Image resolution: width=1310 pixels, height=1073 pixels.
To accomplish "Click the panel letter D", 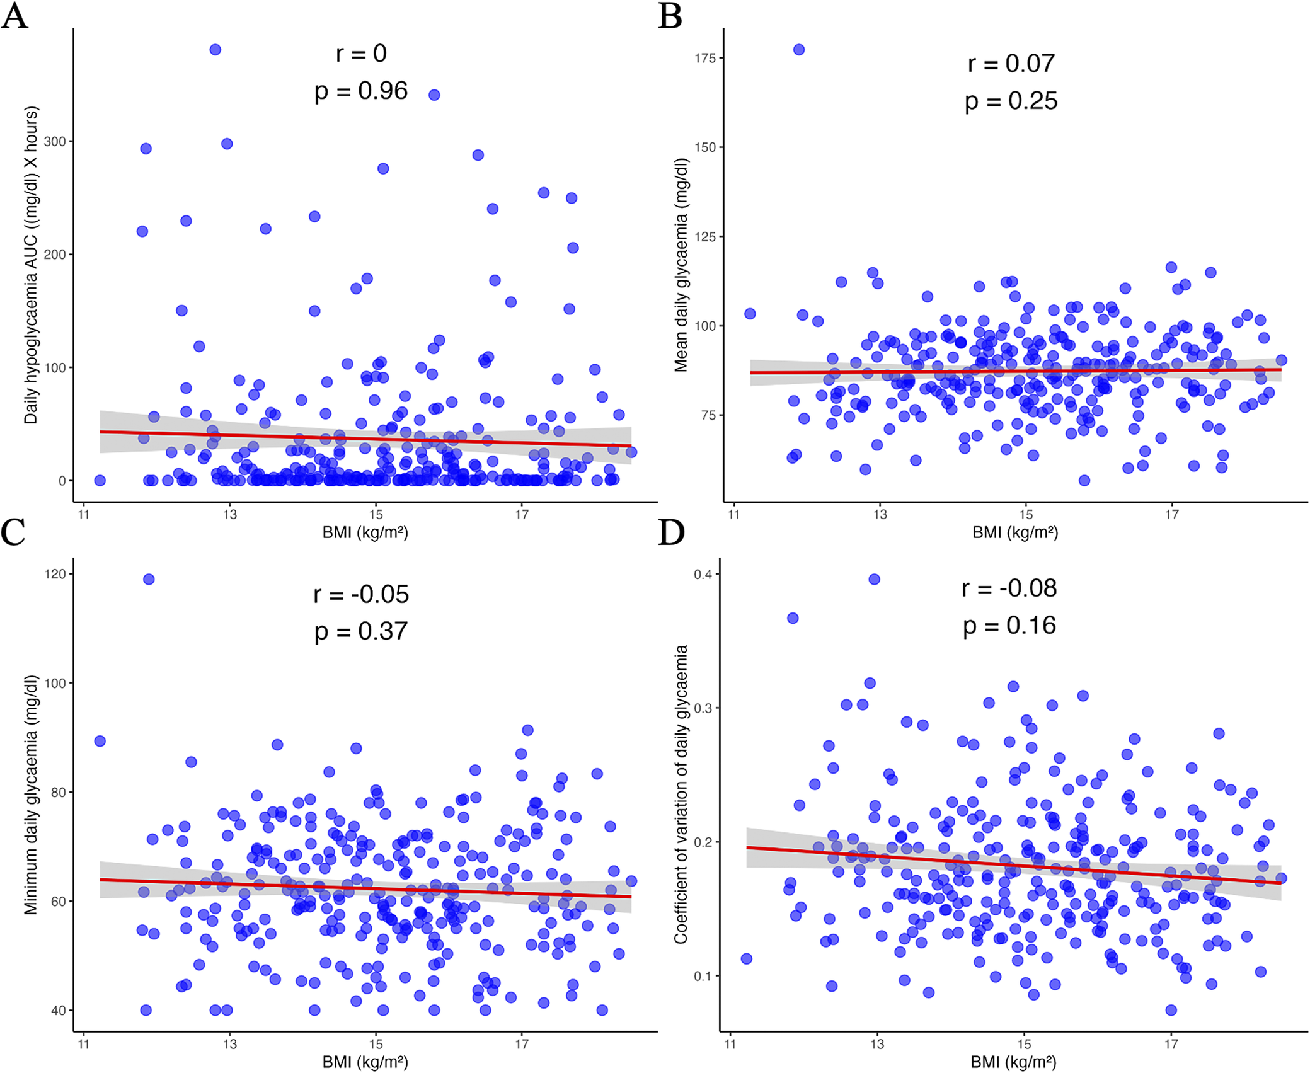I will pyautogui.click(x=671, y=532).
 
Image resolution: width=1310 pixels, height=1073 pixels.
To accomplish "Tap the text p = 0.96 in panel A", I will pyautogui.click(x=361, y=91).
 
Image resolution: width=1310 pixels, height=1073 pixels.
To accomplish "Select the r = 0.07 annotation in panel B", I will pyautogui.click(x=1011, y=63).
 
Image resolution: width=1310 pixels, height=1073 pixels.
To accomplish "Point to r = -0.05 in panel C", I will pyautogui.click(x=361, y=594).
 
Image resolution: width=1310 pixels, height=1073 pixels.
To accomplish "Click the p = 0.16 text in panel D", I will pyautogui.click(x=1009, y=625).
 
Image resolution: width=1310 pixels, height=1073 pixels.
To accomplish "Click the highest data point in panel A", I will pyautogui.click(x=215, y=50).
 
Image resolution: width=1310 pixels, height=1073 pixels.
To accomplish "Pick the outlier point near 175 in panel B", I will pyautogui.click(x=798, y=50).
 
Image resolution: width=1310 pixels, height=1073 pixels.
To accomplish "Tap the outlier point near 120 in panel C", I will pyautogui.click(x=149, y=579).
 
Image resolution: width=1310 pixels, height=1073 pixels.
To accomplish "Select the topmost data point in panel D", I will pyautogui.click(x=874, y=579).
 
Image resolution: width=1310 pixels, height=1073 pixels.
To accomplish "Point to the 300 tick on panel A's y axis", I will pyautogui.click(x=55, y=141).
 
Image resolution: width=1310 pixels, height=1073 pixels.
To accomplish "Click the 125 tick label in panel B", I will pyautogui.click(x=705, y=237).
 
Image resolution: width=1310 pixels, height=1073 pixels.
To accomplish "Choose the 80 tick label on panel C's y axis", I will pyautogui.click(x=58, y=793).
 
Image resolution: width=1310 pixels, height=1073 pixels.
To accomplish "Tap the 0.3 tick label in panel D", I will pyautogui.click(x=703, y=708).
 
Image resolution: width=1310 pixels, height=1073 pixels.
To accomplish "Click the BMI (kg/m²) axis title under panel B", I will pyautogui.click(x=1014, y=532).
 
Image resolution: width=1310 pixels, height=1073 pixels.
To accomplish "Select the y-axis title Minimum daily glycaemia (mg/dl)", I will pyautogui.click(x=31, y=795).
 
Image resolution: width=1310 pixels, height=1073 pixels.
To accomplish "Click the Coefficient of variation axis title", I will pyautogui.click(x=681, y=794).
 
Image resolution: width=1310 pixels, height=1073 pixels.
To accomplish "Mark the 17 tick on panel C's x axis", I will pyautogui.click(x=521, y=1044).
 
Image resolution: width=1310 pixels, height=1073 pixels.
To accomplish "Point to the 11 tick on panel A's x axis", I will pyautogui.click(x=83, y=514).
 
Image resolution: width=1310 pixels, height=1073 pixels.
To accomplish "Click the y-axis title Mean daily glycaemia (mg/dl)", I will pyautogui.click(x=681, y=265).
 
